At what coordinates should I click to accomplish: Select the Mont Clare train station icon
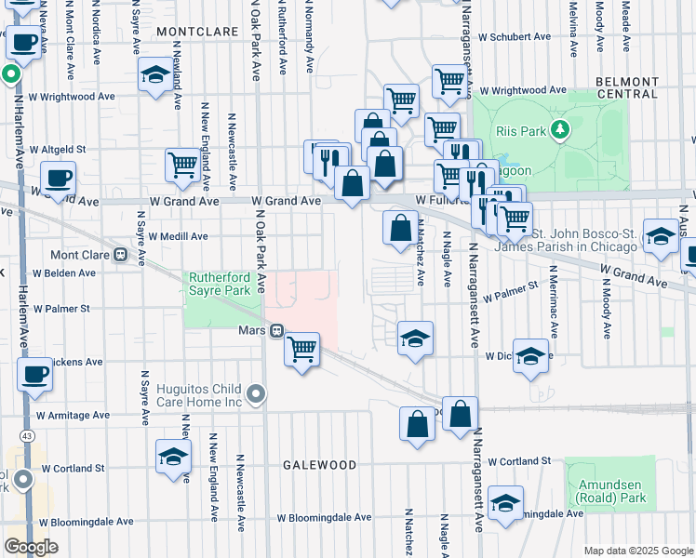[x=120, y=255]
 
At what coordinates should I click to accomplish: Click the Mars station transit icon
[x=276, y=330]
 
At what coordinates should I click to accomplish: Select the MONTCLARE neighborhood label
[x=193, y=31]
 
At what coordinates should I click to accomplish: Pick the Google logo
[x=31, y=547]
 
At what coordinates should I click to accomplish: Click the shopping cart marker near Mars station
[x=301, y=350]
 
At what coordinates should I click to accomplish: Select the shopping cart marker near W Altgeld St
[x=182, y=165]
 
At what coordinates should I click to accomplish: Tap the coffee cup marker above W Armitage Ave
[x=34, y=375]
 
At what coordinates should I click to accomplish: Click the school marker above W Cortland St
[x=173, y=457]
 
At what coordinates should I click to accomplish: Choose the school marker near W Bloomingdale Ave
[x=504, y=503]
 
